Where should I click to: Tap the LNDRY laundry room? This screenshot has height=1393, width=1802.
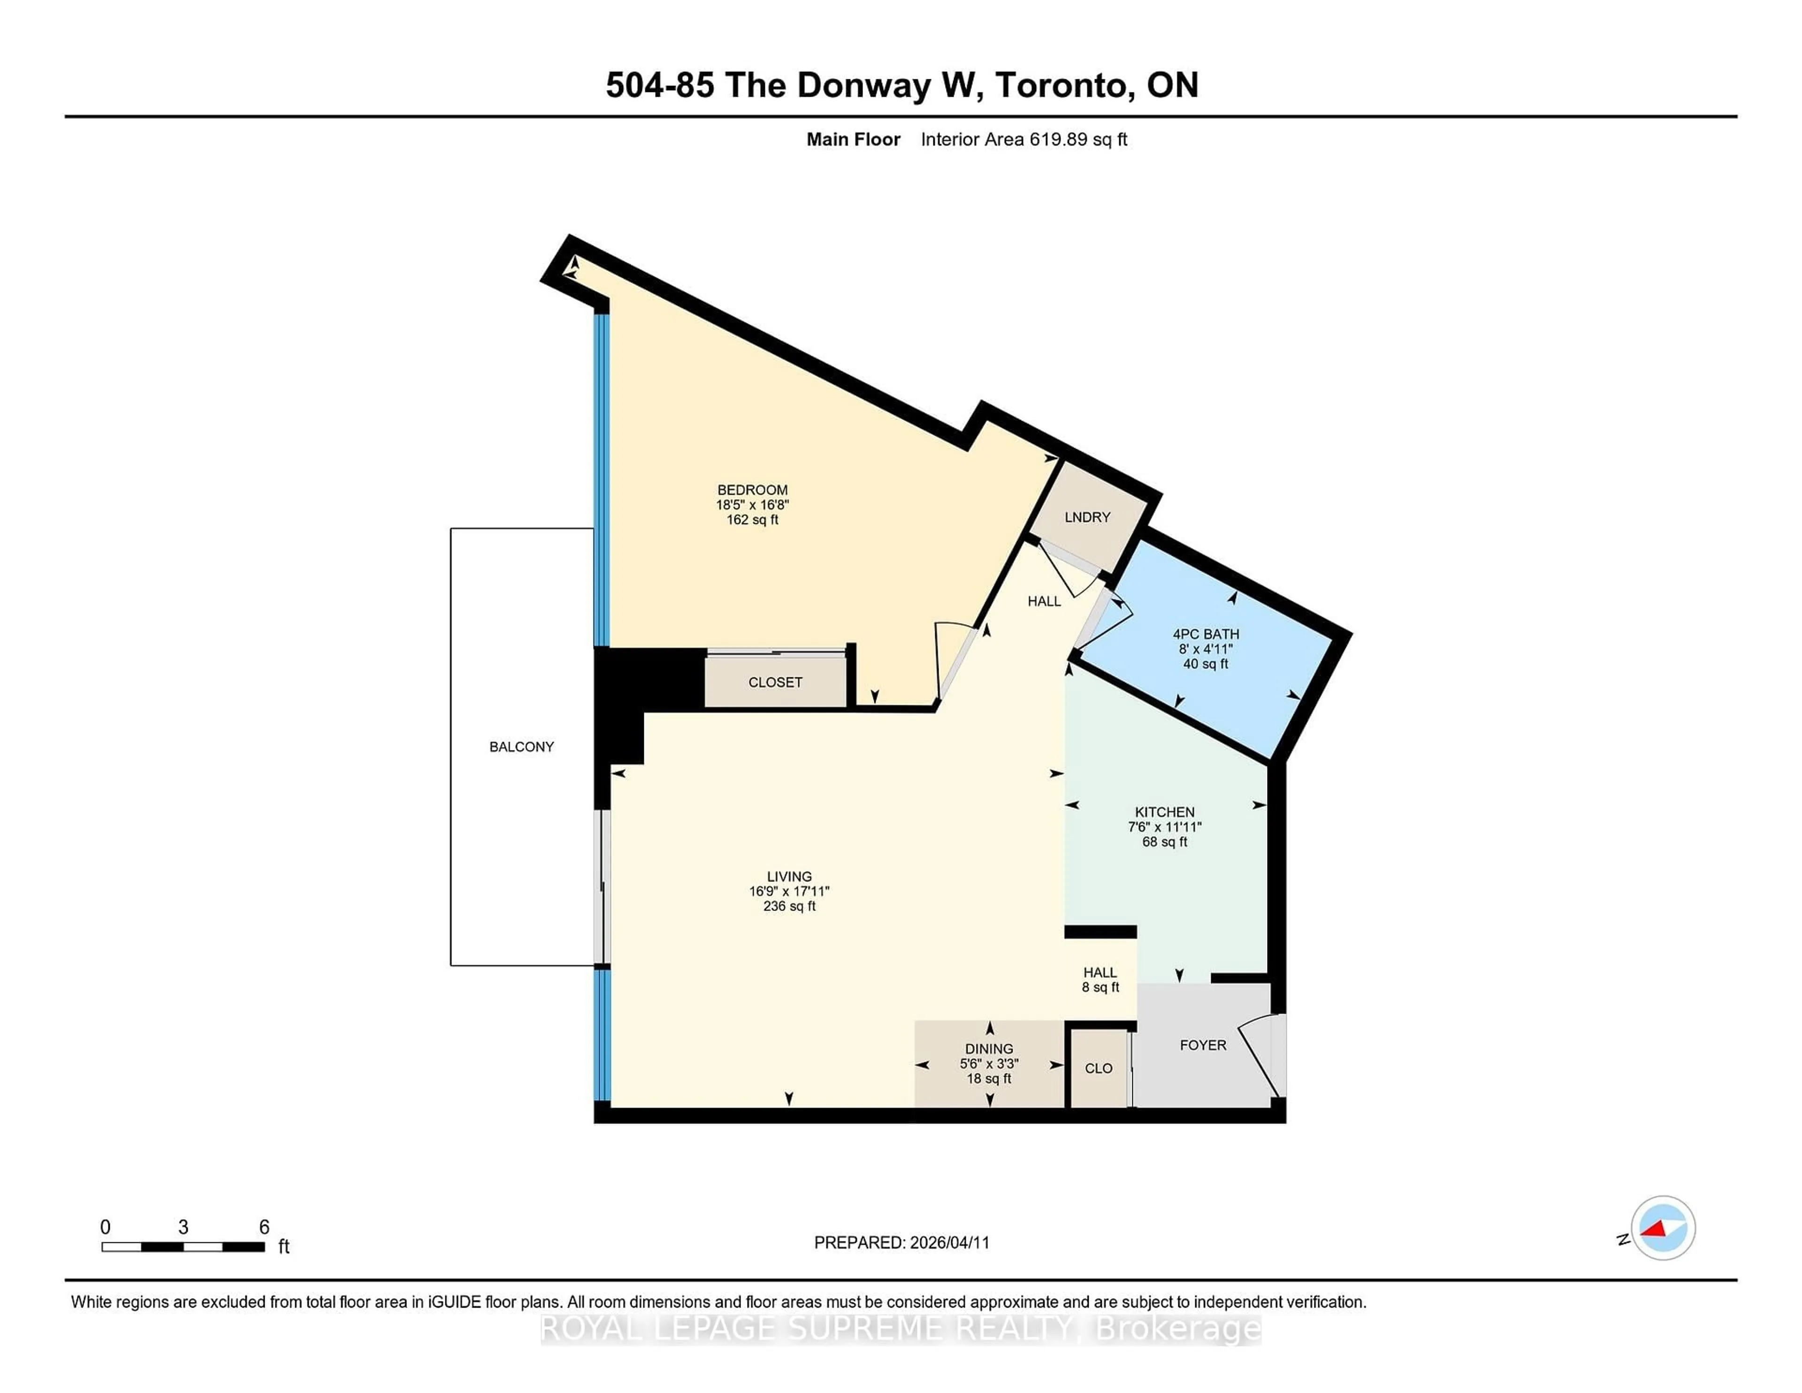point(1087,517)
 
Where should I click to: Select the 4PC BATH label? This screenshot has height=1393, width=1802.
point(1206,634)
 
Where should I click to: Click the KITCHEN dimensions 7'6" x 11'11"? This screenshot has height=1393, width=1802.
point(1164,827)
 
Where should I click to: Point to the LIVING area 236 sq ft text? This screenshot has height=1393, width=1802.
point(790,906)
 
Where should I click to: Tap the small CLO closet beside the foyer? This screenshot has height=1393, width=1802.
point(1098,1069)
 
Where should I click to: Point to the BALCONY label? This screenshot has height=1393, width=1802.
point(521,747)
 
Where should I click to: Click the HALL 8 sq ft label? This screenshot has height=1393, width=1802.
point(1100,980)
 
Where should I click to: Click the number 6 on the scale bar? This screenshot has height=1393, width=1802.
point(264,1227)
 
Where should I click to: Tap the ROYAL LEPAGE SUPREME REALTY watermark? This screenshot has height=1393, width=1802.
point(901,1329)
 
